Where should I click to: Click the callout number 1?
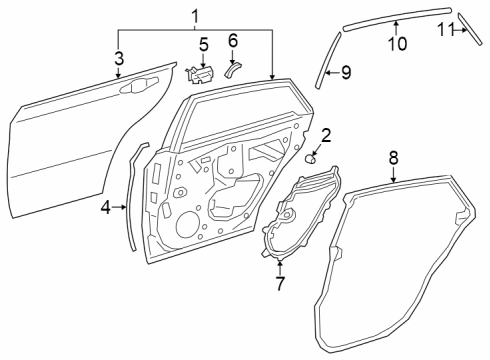[x=195, y=15]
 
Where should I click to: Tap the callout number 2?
[x=326, y=133]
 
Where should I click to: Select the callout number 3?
[x=118, y=57]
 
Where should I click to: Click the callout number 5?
[x=203, y=44]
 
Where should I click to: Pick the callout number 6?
[x=233, y=41]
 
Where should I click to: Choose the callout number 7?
[x=279, y=283]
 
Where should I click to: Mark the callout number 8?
[x=393, y=157]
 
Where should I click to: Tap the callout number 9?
[x=346, y=72]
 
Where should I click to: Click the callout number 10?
[x=396, y=43]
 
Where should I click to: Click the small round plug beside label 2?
[x=311, y=157]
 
